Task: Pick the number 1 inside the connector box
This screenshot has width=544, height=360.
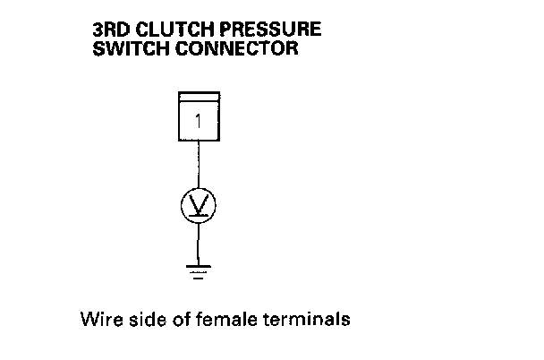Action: pyautogui.click(x=198, y=120)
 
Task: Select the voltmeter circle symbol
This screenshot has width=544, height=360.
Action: pyautogui.click(x=198, y=205)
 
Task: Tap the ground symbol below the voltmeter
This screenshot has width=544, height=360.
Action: pyautogui.click(x=198, y=270)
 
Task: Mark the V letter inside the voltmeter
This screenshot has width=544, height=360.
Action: pyautogui.click(x=198, y=205)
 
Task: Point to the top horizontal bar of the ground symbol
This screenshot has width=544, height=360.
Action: pyautogui.click(x=198, y=265)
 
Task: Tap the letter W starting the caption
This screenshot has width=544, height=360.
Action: pyautogui.click(x=87, y=319)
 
